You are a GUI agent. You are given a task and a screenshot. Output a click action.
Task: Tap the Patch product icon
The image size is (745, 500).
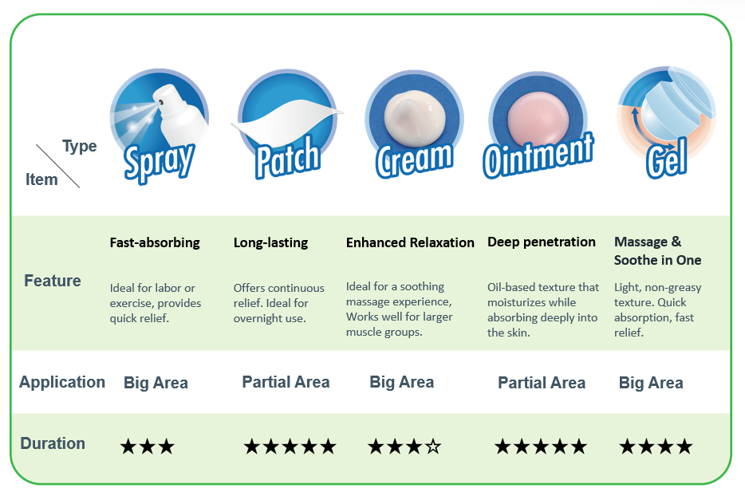[287, 124]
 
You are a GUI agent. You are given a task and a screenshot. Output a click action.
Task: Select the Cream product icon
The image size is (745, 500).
[414, 124]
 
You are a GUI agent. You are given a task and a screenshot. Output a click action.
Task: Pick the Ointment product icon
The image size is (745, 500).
[538, 125]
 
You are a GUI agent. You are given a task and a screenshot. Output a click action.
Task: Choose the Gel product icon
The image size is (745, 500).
[666, 123]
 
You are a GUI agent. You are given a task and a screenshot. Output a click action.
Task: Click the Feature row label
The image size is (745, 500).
[53, 281]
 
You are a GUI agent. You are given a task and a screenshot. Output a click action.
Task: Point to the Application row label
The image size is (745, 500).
[61, 382]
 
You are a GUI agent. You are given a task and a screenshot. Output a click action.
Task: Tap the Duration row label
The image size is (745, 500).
[53, 443]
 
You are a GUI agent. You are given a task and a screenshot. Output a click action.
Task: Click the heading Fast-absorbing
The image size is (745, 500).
[155, 242]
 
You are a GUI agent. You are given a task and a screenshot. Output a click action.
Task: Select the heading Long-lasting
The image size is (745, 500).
[271, 242]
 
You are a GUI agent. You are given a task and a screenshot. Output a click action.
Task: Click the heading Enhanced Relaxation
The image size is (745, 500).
[410, 242]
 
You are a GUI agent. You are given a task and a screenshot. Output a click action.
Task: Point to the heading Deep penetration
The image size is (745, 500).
[541, 242]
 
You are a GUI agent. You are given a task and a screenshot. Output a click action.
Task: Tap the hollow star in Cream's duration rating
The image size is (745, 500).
[433, 447]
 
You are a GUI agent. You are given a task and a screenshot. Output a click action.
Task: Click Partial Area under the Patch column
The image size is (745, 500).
[286, 382]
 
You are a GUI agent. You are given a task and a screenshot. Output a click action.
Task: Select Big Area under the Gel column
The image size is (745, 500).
[651, 383]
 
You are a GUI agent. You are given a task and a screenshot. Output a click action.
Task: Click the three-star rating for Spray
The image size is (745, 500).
[148, 447]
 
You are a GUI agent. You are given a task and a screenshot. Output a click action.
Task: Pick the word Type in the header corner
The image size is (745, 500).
[79, 146]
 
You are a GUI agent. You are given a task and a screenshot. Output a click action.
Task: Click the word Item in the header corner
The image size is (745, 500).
[41, 179]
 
